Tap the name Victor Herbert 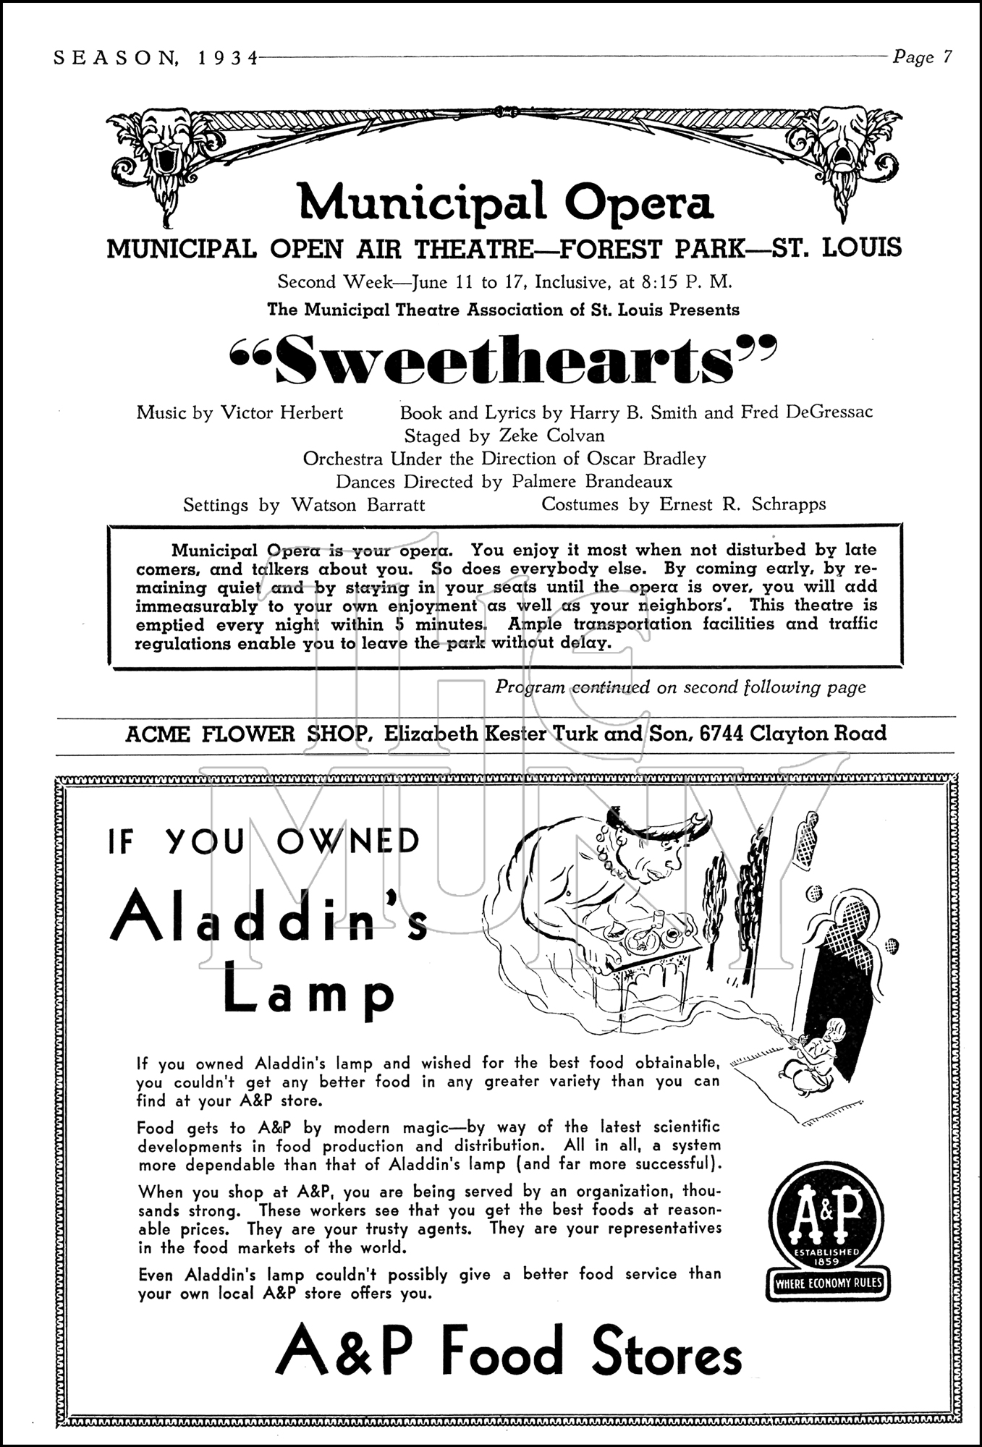(x=282, y=413)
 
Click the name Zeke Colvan (x=551, y=436)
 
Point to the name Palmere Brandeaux (x=591, y=482)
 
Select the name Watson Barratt (x=357, y=505)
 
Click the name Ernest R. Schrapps (x=742, y=504)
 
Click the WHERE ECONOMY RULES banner (x=828, y=1285)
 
